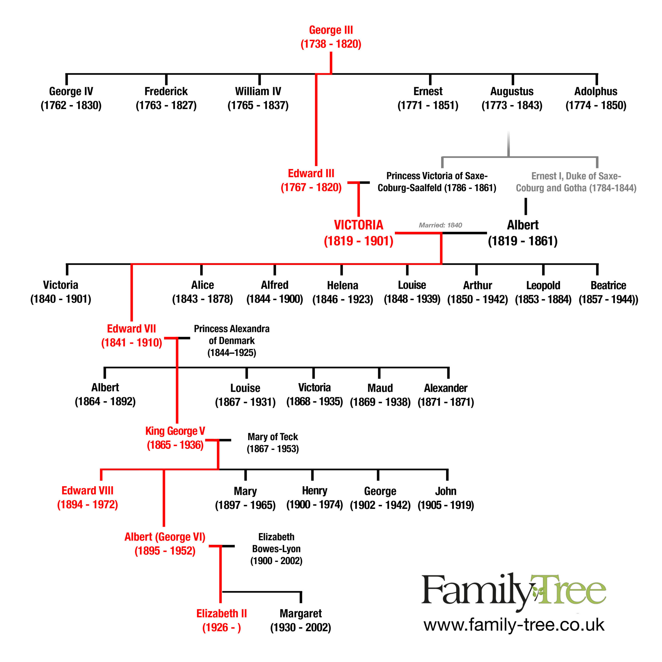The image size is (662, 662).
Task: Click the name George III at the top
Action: pos(331,30)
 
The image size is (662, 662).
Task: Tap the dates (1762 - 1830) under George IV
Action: pos(71,105)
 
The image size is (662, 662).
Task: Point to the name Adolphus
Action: pos(596,92)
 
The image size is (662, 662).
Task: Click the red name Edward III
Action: pos(311,173)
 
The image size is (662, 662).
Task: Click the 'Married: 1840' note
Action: pos(440,225)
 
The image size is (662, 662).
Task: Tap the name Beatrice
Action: pos(608,285)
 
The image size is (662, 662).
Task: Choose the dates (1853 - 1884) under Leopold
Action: pos(543,299)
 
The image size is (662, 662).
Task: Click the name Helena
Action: pos(343,285)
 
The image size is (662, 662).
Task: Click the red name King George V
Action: pos(175,431)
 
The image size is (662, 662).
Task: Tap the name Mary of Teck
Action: pos(273,437)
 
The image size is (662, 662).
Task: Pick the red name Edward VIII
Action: pos(87,490)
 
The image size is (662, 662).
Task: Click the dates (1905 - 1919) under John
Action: pos(446,505)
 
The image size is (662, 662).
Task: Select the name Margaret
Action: pos(300,613)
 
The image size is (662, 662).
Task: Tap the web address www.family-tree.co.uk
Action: pos(514,625)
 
